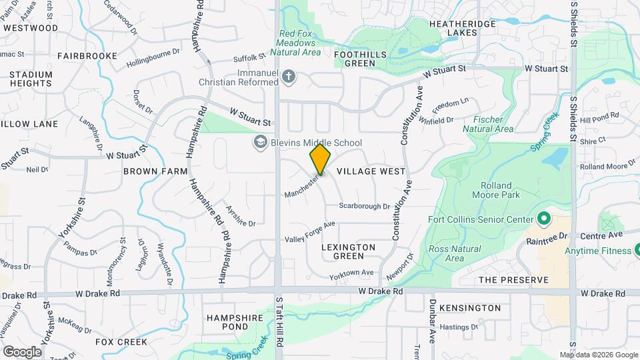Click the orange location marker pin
[x=320, y=159]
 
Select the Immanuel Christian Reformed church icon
[x=288, y=77]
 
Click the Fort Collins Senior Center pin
[x=543, y=219]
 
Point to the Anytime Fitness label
[x=598, y=251]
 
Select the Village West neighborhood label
[x=371, y=171]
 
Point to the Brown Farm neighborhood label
[x=155, y=171]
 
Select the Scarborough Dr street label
[x=364, y=207]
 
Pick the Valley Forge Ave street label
[x=309, y=232]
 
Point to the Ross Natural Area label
[x=446, y=253]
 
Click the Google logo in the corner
[x=22, y=351]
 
